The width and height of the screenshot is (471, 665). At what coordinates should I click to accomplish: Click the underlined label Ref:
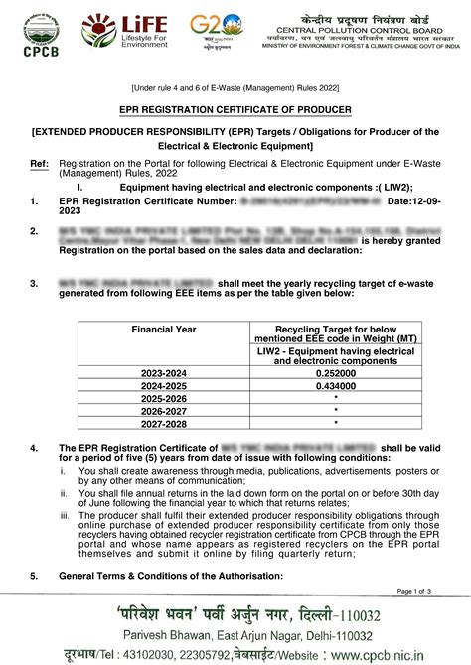pyautogui.click(x=39, y=161)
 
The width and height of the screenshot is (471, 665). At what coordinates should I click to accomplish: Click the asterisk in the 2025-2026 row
pyautogui.click(x=337, y=397)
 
